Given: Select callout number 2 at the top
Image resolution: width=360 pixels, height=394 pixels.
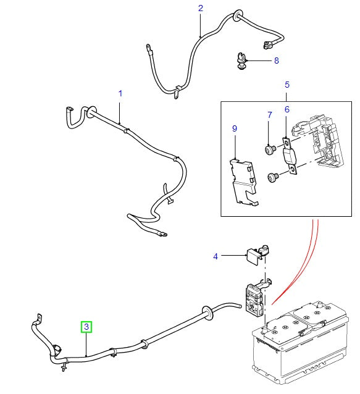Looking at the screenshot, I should (x=201, y=8).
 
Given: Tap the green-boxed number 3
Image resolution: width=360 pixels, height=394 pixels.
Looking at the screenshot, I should (x=86, y=326).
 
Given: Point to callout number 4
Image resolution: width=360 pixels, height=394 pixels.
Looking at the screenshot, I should (x=216, y=256).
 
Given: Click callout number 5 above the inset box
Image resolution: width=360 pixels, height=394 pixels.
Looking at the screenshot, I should (x=287, y=84).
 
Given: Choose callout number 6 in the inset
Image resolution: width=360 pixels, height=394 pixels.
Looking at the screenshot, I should (x=287, y=109).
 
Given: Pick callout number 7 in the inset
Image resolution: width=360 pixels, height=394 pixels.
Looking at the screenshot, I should (x=269, y=115).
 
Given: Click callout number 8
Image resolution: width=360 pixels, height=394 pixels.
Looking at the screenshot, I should (x=276, y=61).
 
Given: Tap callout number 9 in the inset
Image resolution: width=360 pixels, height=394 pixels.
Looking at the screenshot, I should (x=235, y=128).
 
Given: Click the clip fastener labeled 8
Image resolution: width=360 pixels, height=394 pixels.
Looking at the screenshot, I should (x=240, y=61).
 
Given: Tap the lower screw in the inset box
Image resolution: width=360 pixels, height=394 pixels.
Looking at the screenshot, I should (x=272, y=177).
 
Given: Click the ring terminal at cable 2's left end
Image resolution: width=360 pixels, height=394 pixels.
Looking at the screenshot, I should (x=148, y=47).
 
